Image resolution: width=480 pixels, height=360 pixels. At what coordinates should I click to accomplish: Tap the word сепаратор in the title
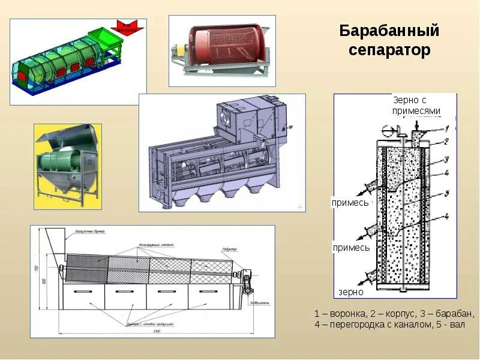pyautogui.click(x=389, y=50)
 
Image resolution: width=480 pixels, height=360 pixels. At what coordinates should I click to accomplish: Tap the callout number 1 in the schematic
pyautogui.click(x=447, y=128)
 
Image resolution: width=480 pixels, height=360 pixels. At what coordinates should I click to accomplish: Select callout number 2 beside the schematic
pyautogui.click(x=447, y=142)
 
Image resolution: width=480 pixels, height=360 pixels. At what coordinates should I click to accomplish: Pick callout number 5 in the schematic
pyautogui.click(x=447, y=193)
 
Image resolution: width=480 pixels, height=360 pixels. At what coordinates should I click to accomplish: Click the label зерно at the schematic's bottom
pyautogui.click(x=350, y=292)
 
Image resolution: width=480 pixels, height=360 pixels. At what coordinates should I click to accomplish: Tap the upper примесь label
pyautogui.click(x=350, y=203)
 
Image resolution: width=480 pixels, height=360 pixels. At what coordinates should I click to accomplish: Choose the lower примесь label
pyautogui.click(x=352, y=247)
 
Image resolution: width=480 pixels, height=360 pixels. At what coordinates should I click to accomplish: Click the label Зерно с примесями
pyautogui.click(x=417, y=106)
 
